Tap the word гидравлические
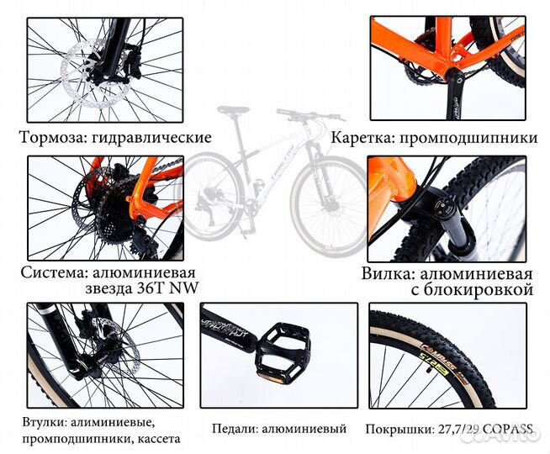(154, 138)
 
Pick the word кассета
(156, 438)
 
